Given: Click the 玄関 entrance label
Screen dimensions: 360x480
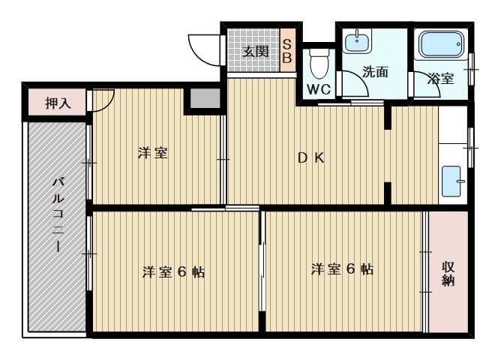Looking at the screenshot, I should [x=256, y=52].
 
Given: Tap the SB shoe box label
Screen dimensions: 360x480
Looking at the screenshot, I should [x=286, y=50].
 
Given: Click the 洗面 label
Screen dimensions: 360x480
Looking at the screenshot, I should [x=375, y=73].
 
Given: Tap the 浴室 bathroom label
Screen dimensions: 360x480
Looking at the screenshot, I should [x=440, y=78].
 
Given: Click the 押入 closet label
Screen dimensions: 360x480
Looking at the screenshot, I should [x=58, y=103].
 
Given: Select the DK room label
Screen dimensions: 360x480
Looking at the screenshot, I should [x=310, y=158].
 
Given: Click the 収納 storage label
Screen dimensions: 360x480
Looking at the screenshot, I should [x=448, y=274].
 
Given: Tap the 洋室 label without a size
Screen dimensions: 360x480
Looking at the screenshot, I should [x=152, y=154].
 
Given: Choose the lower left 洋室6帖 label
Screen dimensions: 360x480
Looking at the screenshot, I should [x=173, y=271].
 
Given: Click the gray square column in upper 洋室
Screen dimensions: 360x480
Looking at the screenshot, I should [x=202, y=99].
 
